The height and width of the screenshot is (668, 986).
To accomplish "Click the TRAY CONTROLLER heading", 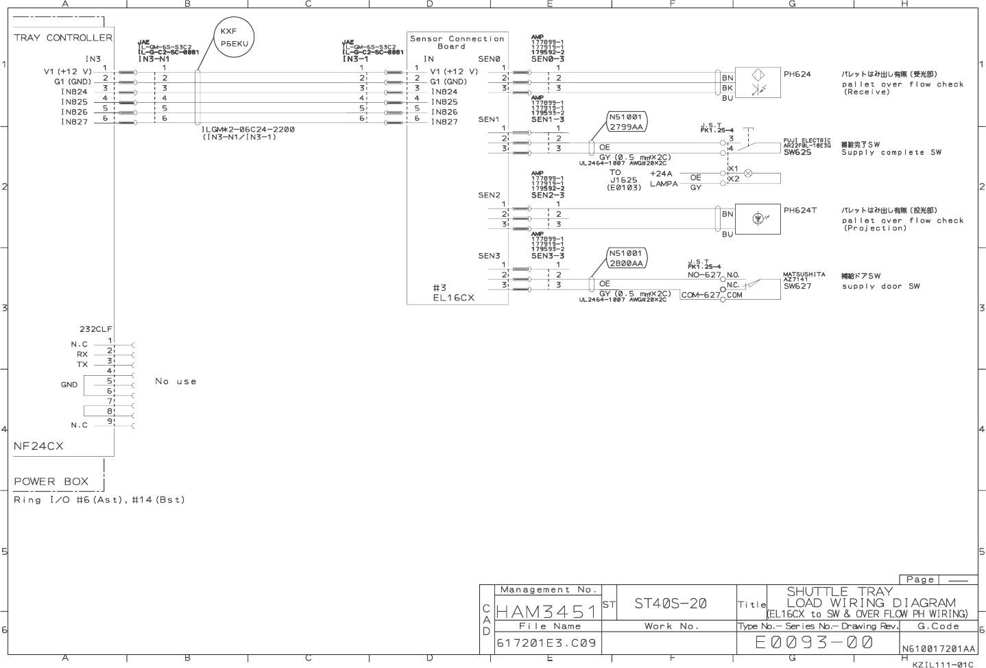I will (x=63, y=38).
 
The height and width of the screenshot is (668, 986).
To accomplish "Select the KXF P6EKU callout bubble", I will (x=234, y=37).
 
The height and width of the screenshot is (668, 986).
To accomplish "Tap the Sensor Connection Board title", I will (x=457, y=43).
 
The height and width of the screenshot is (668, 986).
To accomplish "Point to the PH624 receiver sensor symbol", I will (x=757, y=82).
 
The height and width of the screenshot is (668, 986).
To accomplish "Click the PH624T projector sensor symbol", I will (x=757, y=218).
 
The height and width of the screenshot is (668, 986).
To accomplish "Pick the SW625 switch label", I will (x=797, y=152).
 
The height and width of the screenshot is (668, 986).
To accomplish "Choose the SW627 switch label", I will (x=797, y=286).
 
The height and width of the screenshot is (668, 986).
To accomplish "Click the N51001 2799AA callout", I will (x=625, y=122).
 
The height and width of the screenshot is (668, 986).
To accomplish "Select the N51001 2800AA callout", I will (x=625, y=259).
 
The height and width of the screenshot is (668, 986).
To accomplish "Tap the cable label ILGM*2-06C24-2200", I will (x=248, y=129).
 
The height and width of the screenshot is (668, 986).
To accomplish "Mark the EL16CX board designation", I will (x=453, y=298).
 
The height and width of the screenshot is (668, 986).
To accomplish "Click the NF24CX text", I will (x=38, y=446).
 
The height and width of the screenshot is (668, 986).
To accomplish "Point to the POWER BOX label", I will (x=51, y=481).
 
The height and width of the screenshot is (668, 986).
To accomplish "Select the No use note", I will (x=176, y=381).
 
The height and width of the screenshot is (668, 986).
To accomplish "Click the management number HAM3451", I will (x=546, y=610).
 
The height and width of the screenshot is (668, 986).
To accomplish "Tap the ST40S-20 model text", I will (x=670, y=604).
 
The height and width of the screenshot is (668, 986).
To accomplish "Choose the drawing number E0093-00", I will (x=814, y=643).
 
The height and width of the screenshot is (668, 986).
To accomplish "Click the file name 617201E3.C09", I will (x=546, y=643).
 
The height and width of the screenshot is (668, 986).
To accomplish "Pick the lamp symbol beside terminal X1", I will (x=748, y=173).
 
